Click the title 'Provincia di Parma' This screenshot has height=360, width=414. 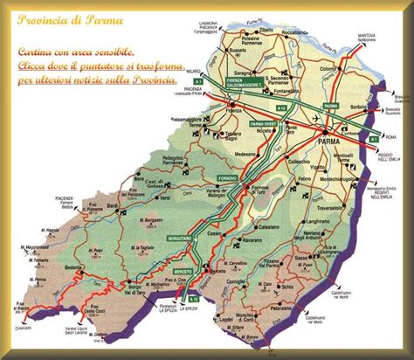[71, 18]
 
